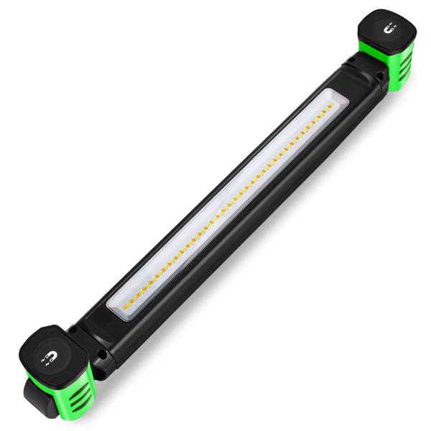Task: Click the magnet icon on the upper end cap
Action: click(x=389, y=29)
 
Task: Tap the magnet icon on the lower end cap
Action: click(x=51, y=356)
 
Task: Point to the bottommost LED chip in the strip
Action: click(x=125, y=307)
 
